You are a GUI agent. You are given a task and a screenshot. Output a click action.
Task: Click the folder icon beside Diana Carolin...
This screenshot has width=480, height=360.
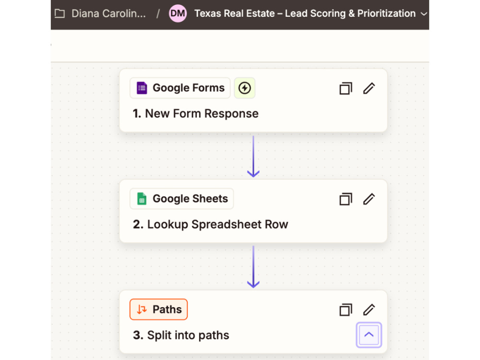pos(60,13)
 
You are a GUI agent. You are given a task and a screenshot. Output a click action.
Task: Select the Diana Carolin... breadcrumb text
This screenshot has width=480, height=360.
pos(108,13)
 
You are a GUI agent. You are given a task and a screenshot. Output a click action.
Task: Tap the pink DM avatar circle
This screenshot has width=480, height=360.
pos(178,13)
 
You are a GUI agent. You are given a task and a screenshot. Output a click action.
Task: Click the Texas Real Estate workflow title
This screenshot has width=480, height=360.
pos(305,13)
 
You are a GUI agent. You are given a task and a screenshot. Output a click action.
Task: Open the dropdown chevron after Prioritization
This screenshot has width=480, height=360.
pos(424,14)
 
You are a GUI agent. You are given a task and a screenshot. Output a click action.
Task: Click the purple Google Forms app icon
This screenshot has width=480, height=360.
pos(142,88)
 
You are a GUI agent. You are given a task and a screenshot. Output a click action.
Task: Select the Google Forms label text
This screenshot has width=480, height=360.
pos(189,88)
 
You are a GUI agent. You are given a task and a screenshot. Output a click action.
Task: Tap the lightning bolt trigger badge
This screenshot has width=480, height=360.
pos(245,88)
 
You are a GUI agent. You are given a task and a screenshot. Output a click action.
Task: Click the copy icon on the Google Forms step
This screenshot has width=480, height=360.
pos(346,88)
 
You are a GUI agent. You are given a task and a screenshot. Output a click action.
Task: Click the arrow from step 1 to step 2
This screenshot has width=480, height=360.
pos(253,156)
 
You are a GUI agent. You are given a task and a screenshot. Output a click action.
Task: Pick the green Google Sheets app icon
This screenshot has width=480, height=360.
pos(142,199)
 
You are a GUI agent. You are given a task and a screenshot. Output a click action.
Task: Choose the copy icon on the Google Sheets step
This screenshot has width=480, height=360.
pos(346,199)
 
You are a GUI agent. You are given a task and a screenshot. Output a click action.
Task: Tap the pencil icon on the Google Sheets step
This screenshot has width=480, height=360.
pos(369,199)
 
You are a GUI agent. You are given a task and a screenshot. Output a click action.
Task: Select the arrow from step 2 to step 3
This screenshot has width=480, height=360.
pos(253,266)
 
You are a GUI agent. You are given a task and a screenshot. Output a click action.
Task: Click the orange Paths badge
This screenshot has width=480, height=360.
pos(158,309)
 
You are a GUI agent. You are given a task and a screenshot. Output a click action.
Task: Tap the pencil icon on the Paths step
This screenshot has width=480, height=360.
pos(369,310)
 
